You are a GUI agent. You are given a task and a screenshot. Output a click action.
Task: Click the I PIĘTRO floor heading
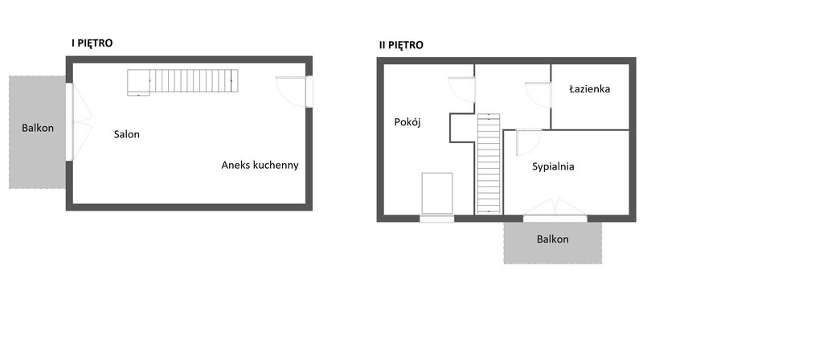pos(92,43)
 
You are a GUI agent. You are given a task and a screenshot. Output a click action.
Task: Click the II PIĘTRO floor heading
pos(401,45)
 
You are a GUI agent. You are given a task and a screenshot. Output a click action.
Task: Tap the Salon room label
pos(126,134)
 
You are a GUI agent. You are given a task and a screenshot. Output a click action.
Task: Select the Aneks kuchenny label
pos(260,166)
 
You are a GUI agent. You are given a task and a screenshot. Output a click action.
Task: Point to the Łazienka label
pos(589,88)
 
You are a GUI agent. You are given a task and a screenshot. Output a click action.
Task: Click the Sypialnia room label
pos(553,167)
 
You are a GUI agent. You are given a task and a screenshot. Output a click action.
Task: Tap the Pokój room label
pos(407,122)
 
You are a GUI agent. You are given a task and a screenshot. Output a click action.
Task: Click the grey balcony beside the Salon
pos(37,133)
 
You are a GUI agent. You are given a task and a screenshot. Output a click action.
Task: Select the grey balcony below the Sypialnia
pos(553,243)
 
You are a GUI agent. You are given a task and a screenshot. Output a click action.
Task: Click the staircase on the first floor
pos(182,82)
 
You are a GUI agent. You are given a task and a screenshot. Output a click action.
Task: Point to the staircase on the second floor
pos(489,164)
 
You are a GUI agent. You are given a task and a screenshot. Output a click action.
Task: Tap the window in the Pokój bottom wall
pos(436,219)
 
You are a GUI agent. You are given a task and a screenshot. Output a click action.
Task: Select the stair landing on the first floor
pos(138,83)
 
